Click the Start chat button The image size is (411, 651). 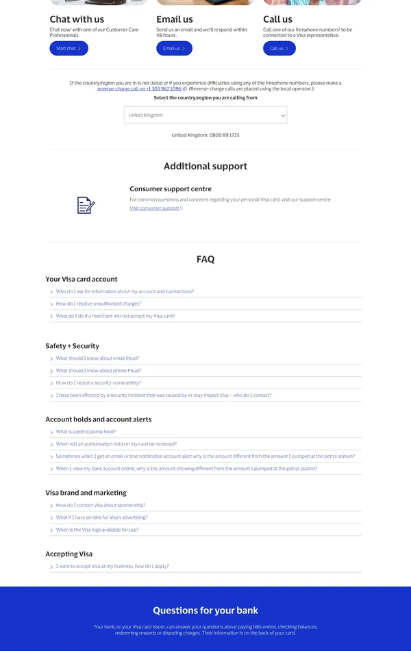[68, 49]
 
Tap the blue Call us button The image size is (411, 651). [279, 49]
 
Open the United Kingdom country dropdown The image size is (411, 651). [206, 115]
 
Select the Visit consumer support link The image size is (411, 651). [155, 208]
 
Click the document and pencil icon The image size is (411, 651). [86, 205]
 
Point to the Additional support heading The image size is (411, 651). [206, 167]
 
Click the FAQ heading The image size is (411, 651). [206, 259]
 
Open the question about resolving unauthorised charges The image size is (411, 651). [99, 304]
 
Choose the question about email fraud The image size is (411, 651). [97, 358]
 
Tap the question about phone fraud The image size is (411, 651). [99, 371]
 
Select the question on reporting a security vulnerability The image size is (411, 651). [99, 383]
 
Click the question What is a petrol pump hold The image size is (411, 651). [86, 432]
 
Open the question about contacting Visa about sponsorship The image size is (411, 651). [101, 505]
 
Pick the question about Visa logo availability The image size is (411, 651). [97, 530]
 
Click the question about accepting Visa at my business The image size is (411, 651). [112, 567]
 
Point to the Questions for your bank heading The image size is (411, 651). [206, 611]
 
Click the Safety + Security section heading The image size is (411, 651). [72, 346]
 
